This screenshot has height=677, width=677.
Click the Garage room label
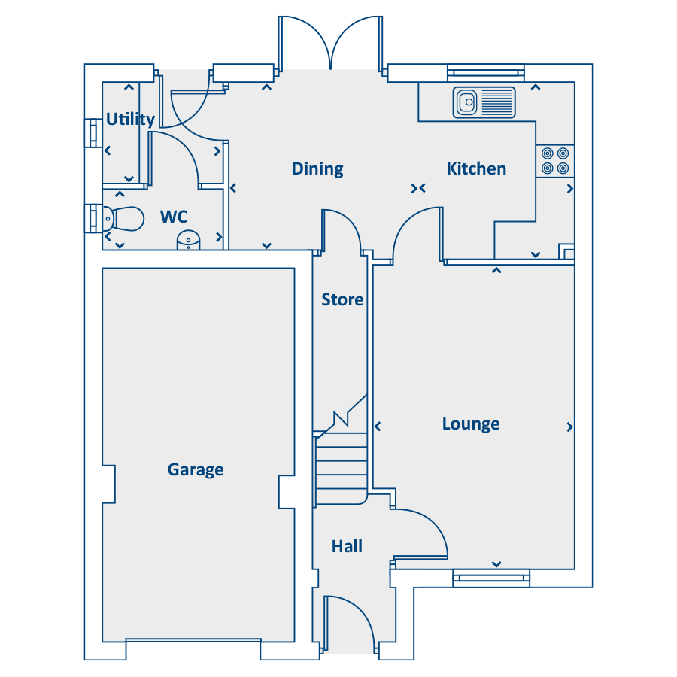click(196, 469)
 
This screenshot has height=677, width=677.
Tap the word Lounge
click(471, 424)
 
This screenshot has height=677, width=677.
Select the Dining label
click(317, 168)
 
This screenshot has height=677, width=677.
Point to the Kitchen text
click(477, 168)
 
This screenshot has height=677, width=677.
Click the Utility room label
click(130, 119)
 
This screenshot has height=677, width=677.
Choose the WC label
click(174, 217)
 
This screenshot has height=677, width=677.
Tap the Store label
click(342, 299)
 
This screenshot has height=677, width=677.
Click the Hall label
click(347, 546)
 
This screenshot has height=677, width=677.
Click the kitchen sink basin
click(466, 102)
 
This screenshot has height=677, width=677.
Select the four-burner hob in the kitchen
click(555, 161)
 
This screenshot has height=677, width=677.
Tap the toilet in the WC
click(123, 219)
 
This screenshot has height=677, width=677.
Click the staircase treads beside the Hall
click(341, 469)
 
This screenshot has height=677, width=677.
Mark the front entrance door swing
click(362, 613)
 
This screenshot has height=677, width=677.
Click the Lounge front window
click(491, 578)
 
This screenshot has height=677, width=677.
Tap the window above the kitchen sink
click(486, 72)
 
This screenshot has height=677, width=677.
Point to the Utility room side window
click(93, 133)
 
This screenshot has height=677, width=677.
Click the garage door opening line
click(193, 639)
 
